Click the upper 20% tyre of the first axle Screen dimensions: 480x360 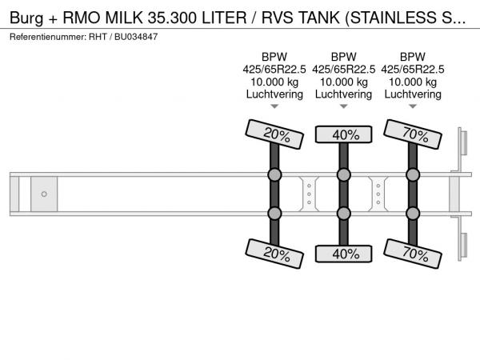click(x=274, y=134)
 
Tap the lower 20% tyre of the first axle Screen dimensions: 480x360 click(x=274, y=254)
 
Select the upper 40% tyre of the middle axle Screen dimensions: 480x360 click(x=343, y=134)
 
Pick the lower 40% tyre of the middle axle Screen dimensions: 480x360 click(x=343, y=254)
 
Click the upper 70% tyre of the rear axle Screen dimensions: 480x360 click(x=413, y=134)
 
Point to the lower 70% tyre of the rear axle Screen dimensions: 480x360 click(x=413, y=254)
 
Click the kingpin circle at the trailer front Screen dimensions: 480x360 click(x=44, y=194)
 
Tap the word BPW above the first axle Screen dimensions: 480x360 click(x=274, y=57)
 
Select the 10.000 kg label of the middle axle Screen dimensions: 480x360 click(x=343, y=82)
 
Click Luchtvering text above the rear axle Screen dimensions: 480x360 click(x=413, y=94)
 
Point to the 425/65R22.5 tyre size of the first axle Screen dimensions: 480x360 click(x=274, y=70)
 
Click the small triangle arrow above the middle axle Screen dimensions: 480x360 click(x=343, y=106)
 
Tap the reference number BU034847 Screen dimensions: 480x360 click(x=136, y=37)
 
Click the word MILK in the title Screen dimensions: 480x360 click(x=124, y=18)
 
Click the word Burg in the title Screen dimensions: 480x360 click(x=26, y=18)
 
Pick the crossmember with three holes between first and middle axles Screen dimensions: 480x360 click(x=309, y=194)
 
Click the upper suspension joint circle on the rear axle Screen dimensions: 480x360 click(x=413, y=174)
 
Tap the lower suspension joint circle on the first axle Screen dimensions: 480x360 click(x=274, y=214)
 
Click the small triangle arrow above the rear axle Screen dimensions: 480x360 click(x=413, y=106)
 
